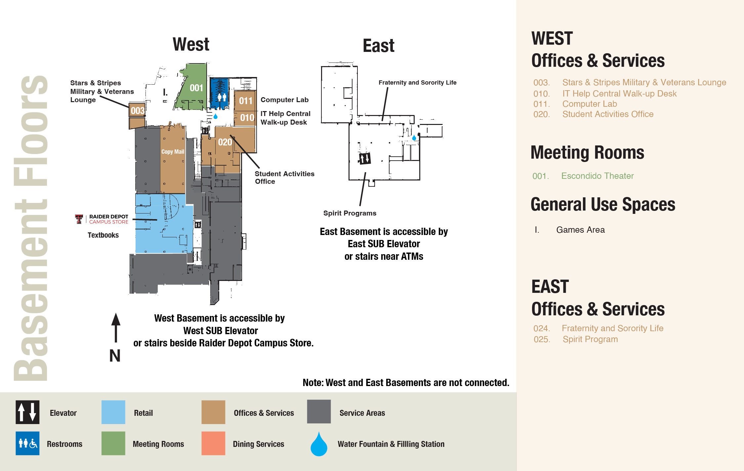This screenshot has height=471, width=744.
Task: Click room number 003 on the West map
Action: [137, 110]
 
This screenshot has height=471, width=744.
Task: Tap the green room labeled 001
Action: [196, 88]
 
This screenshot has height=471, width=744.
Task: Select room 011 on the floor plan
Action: [245, 100]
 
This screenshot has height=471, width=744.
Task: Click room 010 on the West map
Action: [247, 117]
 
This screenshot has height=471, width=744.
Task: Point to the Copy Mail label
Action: [173, 152]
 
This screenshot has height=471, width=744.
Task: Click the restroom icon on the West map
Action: [222, 97]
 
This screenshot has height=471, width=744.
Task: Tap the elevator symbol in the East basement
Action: [365, 159]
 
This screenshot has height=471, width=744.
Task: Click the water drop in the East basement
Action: [414, 137]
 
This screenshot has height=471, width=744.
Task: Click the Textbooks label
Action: [103, 235]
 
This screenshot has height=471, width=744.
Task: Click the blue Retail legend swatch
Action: [113, 412]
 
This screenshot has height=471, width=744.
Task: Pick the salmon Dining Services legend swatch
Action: [213, 443]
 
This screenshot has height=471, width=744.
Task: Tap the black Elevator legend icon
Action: [27, 412]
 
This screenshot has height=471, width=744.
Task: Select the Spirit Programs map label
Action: [350, 213]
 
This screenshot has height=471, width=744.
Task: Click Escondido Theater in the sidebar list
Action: [597, 176]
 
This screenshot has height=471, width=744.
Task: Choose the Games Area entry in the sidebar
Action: [580, 230]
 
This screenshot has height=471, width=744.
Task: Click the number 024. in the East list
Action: [542, 329]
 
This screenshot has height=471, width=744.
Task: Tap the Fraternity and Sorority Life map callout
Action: [417, 83]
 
